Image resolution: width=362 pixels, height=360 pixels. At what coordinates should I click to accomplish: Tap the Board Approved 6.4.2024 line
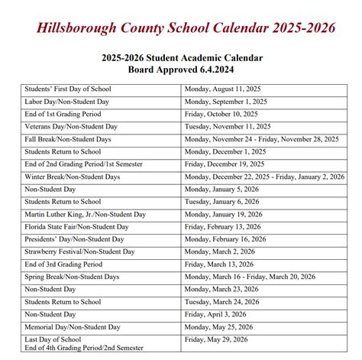pos(181,70)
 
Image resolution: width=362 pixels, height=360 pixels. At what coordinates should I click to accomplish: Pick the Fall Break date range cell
pos(262,139)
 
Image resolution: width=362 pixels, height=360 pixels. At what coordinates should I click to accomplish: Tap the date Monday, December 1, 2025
pos(228,151)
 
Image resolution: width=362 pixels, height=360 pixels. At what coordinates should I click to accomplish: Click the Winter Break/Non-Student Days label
pos(73,177)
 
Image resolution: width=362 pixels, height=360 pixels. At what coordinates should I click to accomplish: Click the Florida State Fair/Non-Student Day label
pos(76,227)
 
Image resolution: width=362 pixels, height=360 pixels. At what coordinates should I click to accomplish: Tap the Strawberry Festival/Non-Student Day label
pos(79,251)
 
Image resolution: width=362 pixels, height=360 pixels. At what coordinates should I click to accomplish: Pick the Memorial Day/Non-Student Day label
pos(72,326)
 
